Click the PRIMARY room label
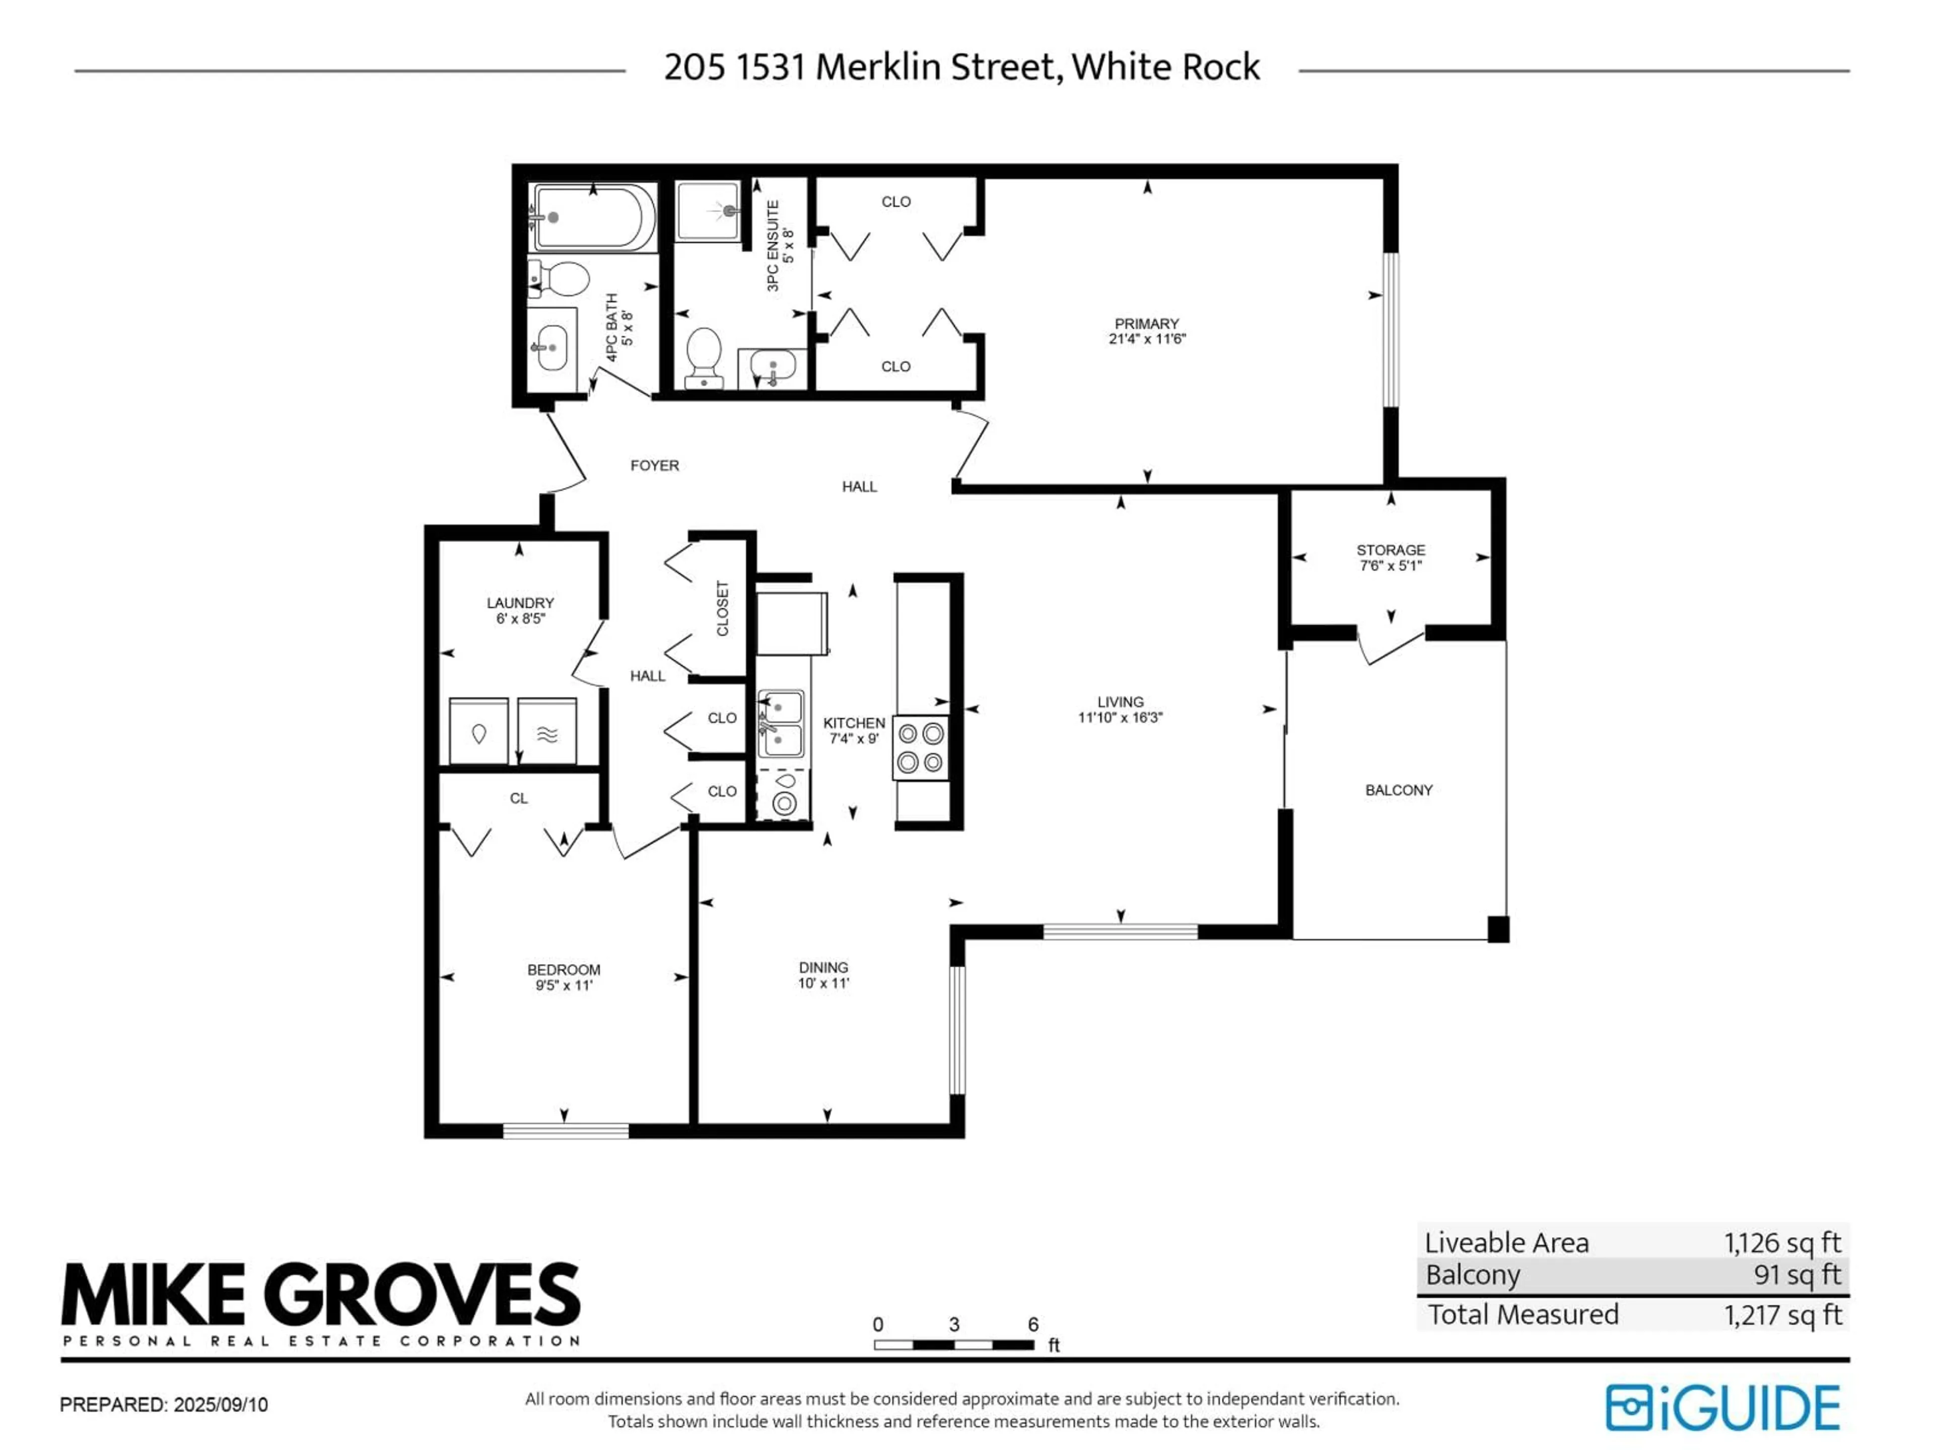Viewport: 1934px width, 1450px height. pyautogui.click(x=1146, y=323)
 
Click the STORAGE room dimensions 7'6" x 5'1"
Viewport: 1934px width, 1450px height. pyautogui.click(x=1390, y=565)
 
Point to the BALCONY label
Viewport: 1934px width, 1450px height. pyautogui.click(x=1398, y=790)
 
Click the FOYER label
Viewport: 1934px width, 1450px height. pyautogui.click(x=654, y=466)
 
